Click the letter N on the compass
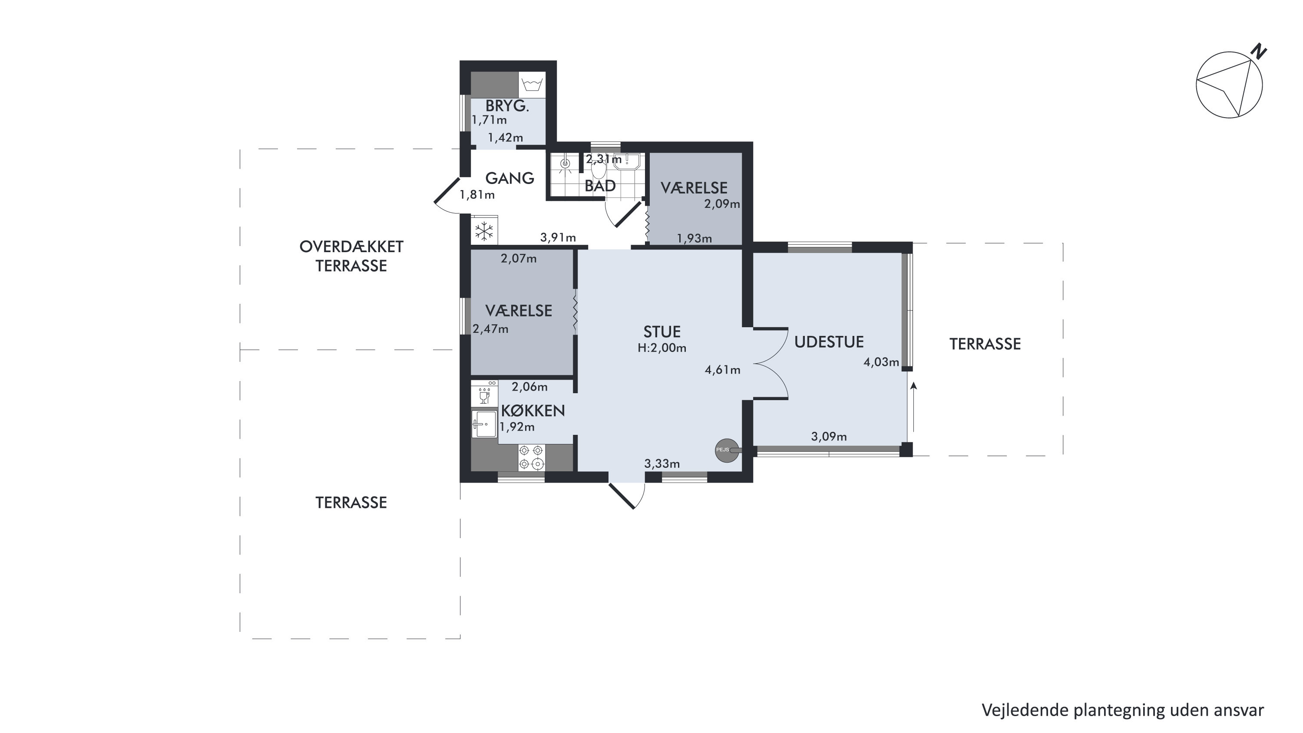pos(1259,52)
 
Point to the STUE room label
pos(661,332)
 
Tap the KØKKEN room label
pos(532,411)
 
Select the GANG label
pos(509,178)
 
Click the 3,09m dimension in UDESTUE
pos(829,437)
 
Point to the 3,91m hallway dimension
pos(558,237)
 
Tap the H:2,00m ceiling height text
pos(661,348)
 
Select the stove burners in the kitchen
pos(532,457)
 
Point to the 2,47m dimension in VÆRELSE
pos(490,329)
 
